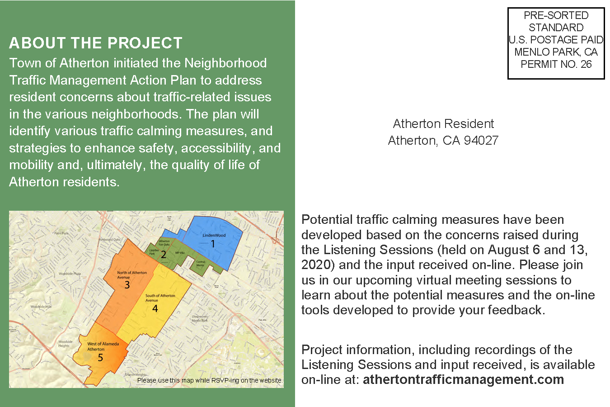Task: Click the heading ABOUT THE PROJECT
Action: [95, 43]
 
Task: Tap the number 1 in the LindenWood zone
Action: [213, 244]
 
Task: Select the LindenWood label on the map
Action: [214, 235]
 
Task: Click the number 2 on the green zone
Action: [164, 255]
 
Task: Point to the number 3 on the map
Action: [127, 285]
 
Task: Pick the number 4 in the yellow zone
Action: [155, 309]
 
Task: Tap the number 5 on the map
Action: [100, 358]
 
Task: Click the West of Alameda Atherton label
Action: [103, 346]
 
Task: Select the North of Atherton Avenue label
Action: [131, 275]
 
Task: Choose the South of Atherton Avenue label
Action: [160, 298]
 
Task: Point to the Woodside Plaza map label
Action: [70, 274]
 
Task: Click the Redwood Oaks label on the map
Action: [110, 239]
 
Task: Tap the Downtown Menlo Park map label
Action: [200, 318]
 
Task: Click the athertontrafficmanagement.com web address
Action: [463, 379]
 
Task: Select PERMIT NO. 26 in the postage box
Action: [556, 64]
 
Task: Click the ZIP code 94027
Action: [481, 141]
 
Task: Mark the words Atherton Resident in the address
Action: [443, 124]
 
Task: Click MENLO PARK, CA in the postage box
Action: [556, 52]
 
